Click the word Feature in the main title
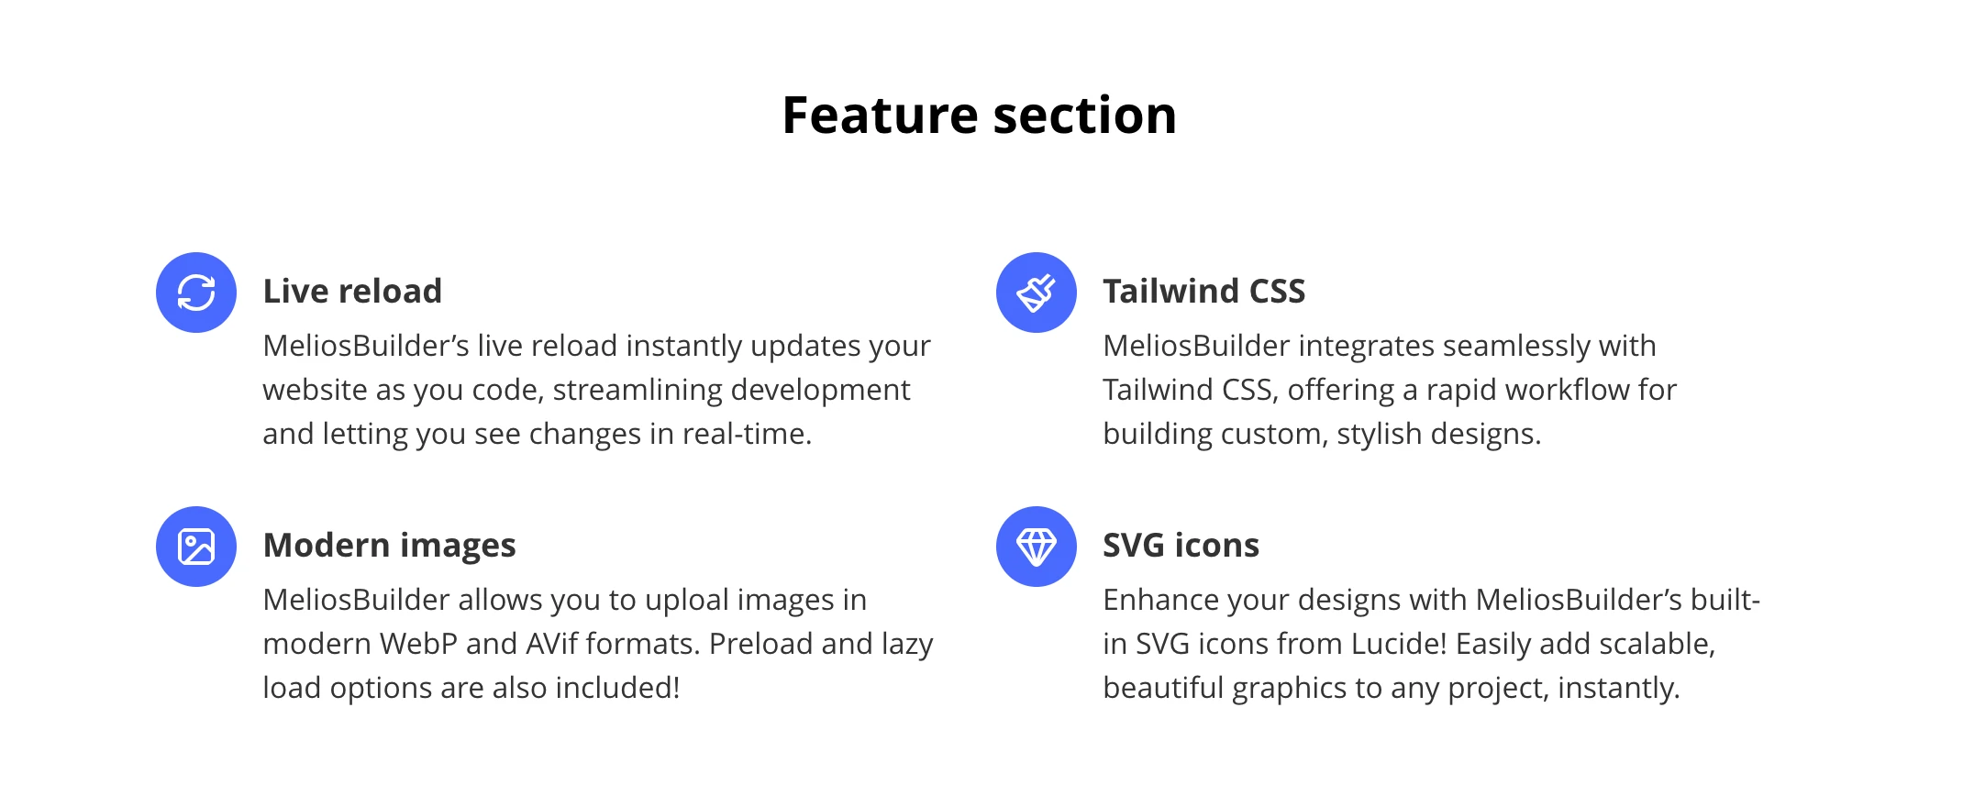(880, 116)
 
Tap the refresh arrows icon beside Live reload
(196, 293)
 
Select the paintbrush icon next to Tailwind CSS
(1037, 293)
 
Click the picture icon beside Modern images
(196, 547)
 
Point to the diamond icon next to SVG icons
(1037, 547)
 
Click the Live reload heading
(352, 292)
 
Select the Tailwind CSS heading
(1203, 292)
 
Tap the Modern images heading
(389, 546)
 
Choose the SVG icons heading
(1181, 546)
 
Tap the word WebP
(418, 644)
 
